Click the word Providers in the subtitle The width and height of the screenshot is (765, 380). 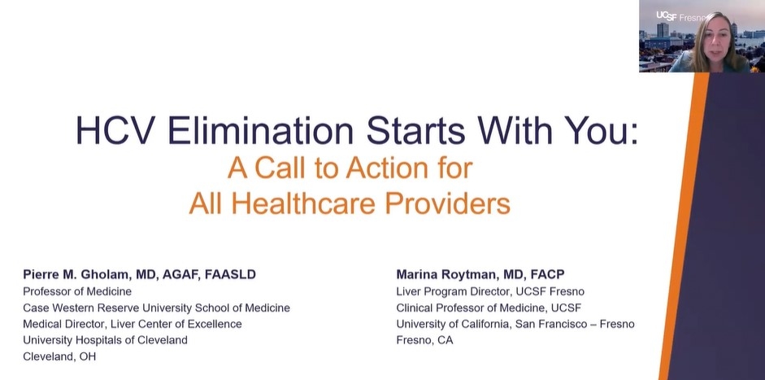(447, 203)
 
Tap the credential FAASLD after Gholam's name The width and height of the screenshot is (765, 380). (231, 274)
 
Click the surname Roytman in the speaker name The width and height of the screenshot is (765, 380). (468, 274)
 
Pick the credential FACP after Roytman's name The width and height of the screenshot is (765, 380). (547, 274)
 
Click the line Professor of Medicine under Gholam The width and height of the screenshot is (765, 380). (77, 291)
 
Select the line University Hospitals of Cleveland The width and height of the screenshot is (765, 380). (105, 340)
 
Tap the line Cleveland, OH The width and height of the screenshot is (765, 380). (59, 356)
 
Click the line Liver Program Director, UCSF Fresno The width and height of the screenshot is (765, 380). (490, 291)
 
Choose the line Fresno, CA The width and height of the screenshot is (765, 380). (424, 340)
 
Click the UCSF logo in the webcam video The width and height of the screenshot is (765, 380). (667, 16)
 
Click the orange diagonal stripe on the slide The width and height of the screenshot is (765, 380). (684, 225)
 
